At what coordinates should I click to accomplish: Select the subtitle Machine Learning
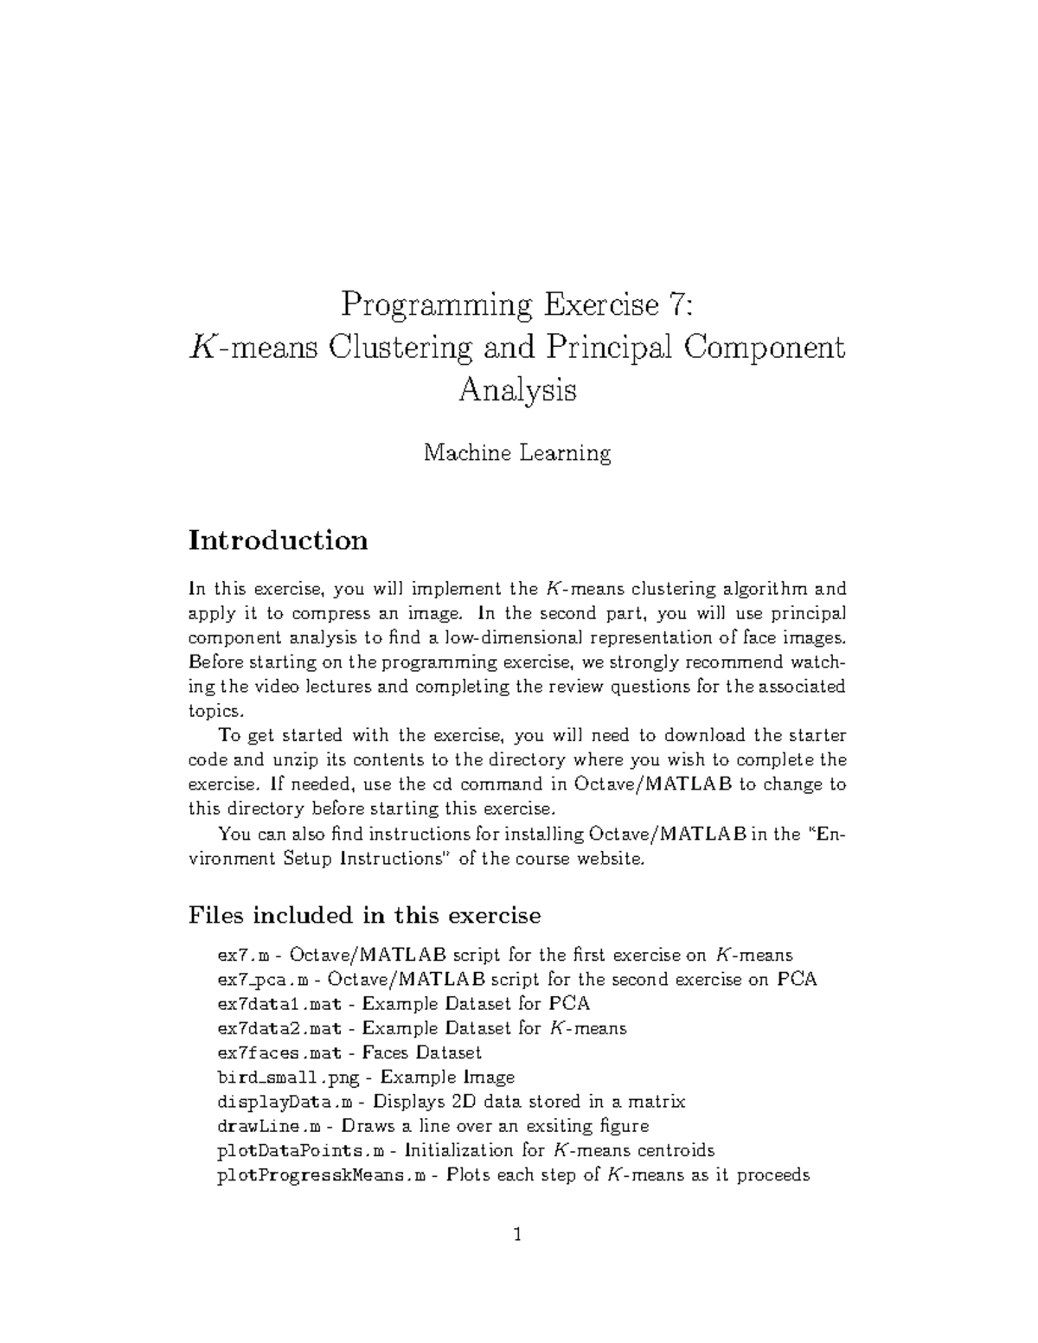click(517, 452)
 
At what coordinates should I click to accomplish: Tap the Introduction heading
click(278, 540)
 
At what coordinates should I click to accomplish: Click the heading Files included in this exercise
click(364, 915)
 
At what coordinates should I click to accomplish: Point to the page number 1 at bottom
click(517, 1235)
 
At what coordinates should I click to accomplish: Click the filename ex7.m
click(244, 956)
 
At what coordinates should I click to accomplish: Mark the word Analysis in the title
click(517, 391)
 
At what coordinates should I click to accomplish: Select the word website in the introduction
click(611, 859)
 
